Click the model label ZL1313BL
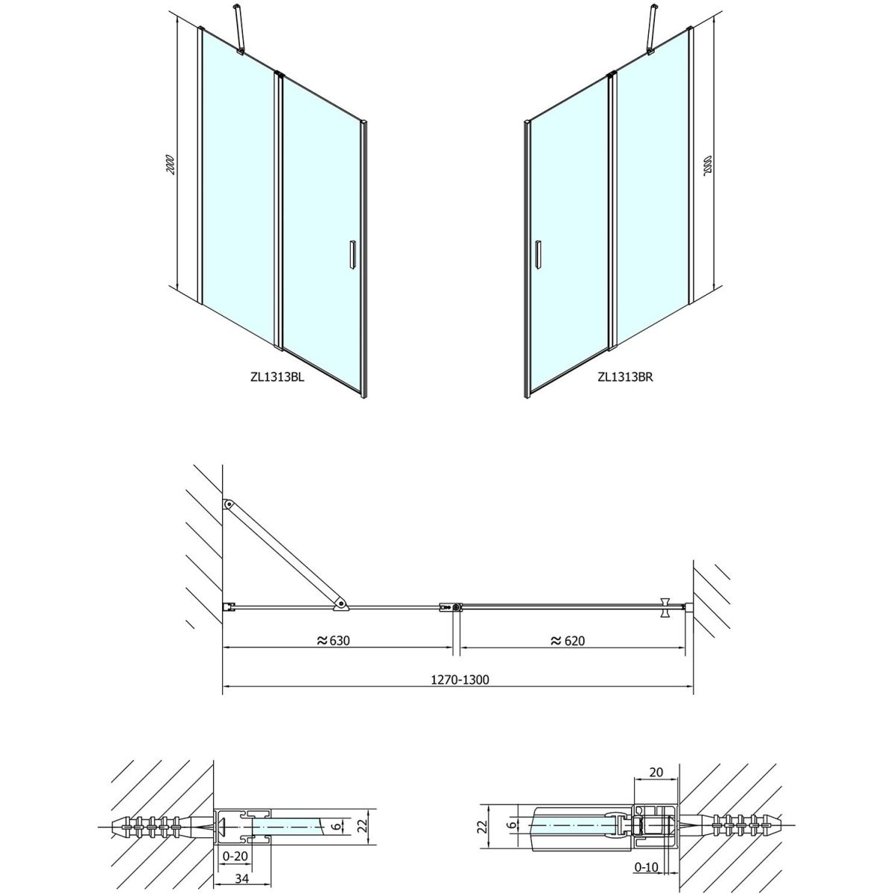click(x=277, y=377)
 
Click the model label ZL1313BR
click(x=625, y=377)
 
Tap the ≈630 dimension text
click(x=333, y=641)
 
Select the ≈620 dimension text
click(x=568, y=641)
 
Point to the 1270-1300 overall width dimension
click(x=460, y=679)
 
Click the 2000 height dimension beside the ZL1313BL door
click(x=171, y=164)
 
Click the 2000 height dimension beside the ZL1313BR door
click(x=706, y=164)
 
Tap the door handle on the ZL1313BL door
click(x=353, y=254)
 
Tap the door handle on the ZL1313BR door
click(x=538, y=254)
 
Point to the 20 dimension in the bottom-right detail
click(x=656, y=772)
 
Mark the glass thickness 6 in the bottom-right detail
click(x=511, y=811)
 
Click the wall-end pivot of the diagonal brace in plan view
click(x=228, y=504)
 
